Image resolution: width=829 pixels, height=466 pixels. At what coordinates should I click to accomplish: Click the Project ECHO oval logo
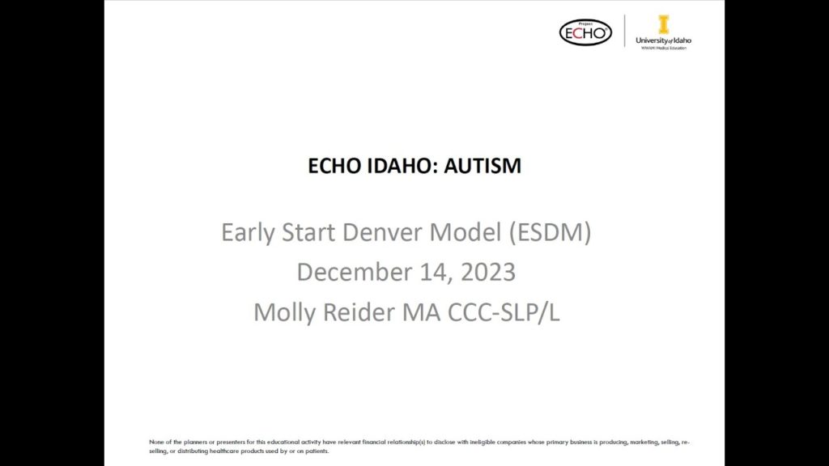click(x=585, y=32)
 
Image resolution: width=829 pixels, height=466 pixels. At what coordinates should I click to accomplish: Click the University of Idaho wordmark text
click(x=664, y=40)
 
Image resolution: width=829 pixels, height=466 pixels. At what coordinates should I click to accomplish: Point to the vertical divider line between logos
click(x=625, y=32)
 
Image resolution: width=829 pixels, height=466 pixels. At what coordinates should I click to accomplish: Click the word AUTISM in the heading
click(x=483, y=166)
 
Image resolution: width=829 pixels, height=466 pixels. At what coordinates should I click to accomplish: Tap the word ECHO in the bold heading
click(x=334, y=166)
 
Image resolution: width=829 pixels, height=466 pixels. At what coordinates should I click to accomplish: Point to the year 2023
click(x=488, y=272)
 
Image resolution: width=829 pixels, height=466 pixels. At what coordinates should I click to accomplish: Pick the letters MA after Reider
click(x=422, y=311)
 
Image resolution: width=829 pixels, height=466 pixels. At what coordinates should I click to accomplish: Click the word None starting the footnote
click(x=156, y=442)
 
